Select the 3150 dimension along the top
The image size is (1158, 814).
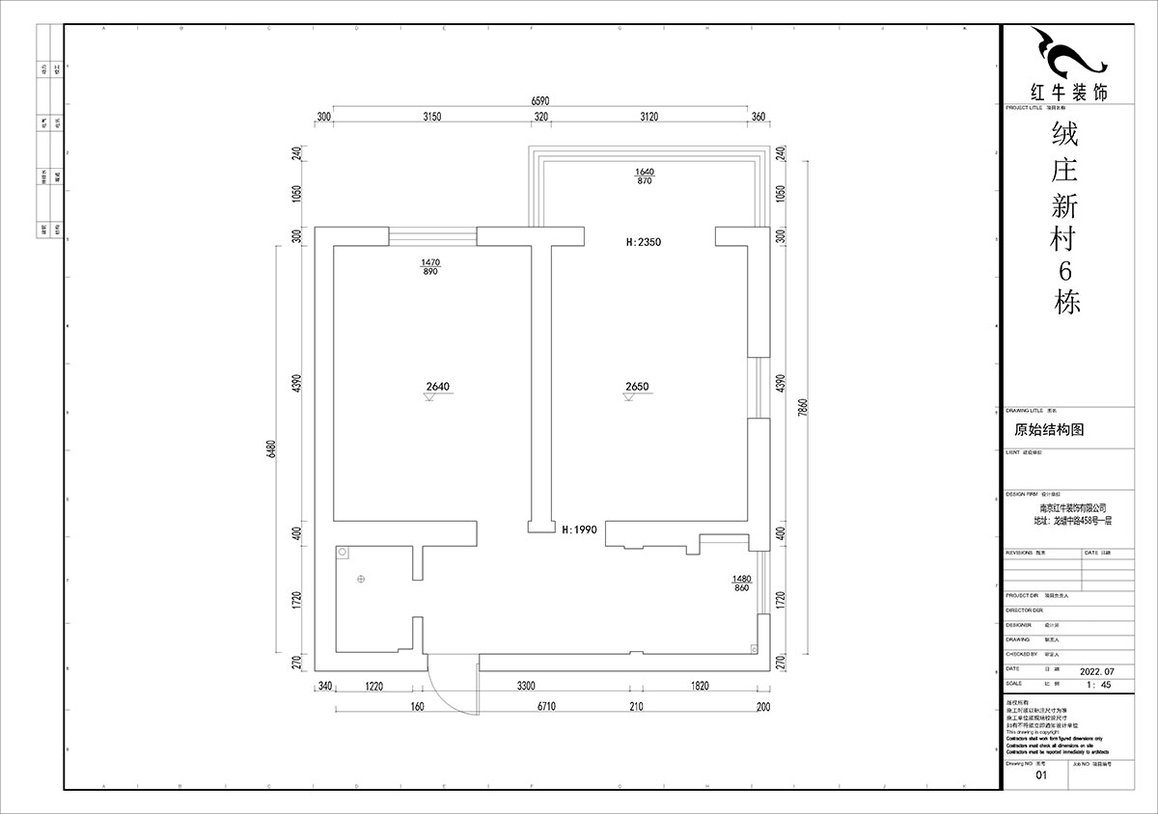coord(430,117)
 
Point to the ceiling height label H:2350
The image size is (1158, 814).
coord(643,242)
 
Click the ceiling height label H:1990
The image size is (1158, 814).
coord(580,529)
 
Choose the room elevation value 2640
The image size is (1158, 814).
coord(437,387)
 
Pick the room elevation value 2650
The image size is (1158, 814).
coord(637,387)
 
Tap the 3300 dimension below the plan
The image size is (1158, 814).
coord(526,687)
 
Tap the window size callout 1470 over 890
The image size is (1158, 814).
coord(430,267)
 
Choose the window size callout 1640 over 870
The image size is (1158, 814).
coord(645,176)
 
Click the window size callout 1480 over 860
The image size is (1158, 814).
coord(741,583)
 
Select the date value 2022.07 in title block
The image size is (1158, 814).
coord(1095,668)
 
